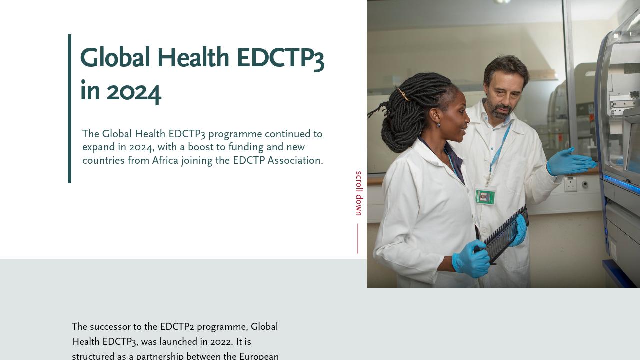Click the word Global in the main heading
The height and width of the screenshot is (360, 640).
pos(115,58)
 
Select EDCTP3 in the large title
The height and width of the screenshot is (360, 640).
pos(280,58)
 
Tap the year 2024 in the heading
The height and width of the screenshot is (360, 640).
pos(133,92)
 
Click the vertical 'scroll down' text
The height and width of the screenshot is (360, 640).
pos(358,193)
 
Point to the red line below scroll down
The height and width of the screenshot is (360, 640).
pos(358,238)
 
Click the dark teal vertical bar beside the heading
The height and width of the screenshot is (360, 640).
pos(70,108)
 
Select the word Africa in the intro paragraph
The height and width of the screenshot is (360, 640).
pos(165,161)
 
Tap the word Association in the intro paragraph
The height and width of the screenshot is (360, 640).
pos(295,161)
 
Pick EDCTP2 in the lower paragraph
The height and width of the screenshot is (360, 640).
pos(177,327)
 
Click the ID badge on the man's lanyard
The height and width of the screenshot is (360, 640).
pos(485,196)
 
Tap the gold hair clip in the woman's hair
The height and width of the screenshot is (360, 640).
pos(403,94)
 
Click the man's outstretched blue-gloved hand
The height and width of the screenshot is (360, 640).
pos(570,162)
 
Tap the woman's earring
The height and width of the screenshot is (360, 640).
pos(438,124)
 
